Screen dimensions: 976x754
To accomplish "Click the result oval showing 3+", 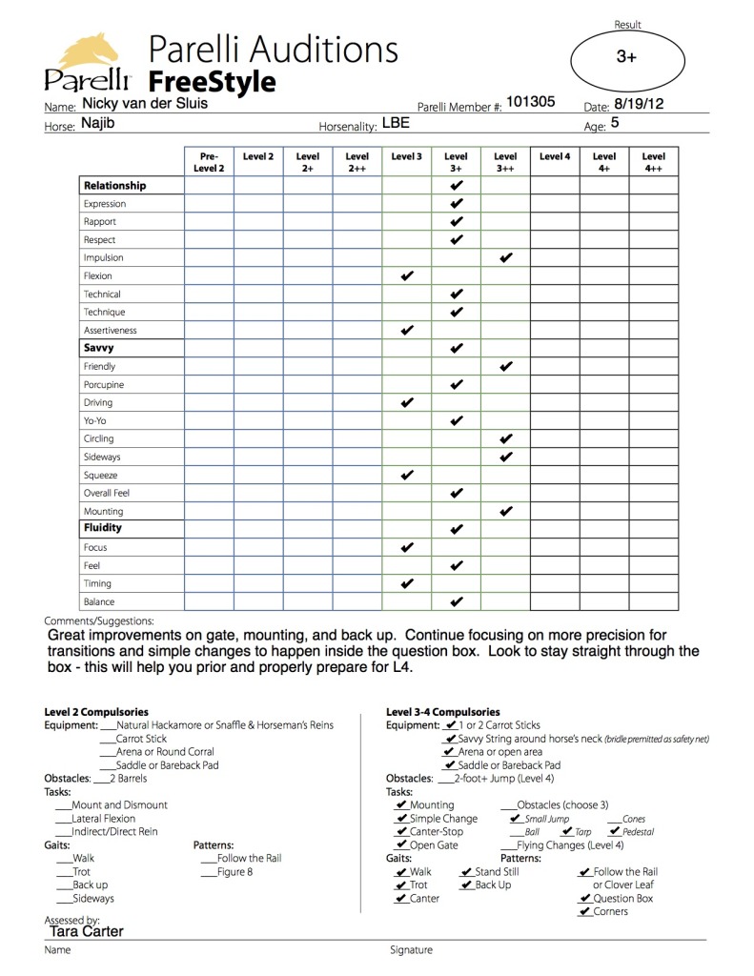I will point(626,57).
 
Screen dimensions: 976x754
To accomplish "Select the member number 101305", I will point(530,102).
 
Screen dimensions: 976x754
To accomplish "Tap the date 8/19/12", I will point(638,104).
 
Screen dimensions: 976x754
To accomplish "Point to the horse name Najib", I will point(97,124).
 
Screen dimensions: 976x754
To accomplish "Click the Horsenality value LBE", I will point(396,123).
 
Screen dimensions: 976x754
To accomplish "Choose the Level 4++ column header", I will point(653,162).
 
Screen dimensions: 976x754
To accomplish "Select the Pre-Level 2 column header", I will point(209,162).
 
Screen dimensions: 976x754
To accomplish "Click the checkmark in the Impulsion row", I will point(506,258).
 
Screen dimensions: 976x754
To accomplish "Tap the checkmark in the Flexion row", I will point(407,276).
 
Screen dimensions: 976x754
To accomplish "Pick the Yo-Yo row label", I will point(96,421).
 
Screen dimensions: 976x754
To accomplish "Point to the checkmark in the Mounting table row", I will point(506,512).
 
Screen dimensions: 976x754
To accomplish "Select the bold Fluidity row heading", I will point(103,528).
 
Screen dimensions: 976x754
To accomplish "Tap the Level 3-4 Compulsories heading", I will point(442,712).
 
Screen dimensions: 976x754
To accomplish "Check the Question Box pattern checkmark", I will point(584,899).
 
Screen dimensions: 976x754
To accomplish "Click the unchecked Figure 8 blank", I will point(209,872).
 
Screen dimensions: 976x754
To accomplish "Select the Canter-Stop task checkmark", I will point(401,832).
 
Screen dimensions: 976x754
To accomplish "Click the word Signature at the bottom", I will point(411,950).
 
